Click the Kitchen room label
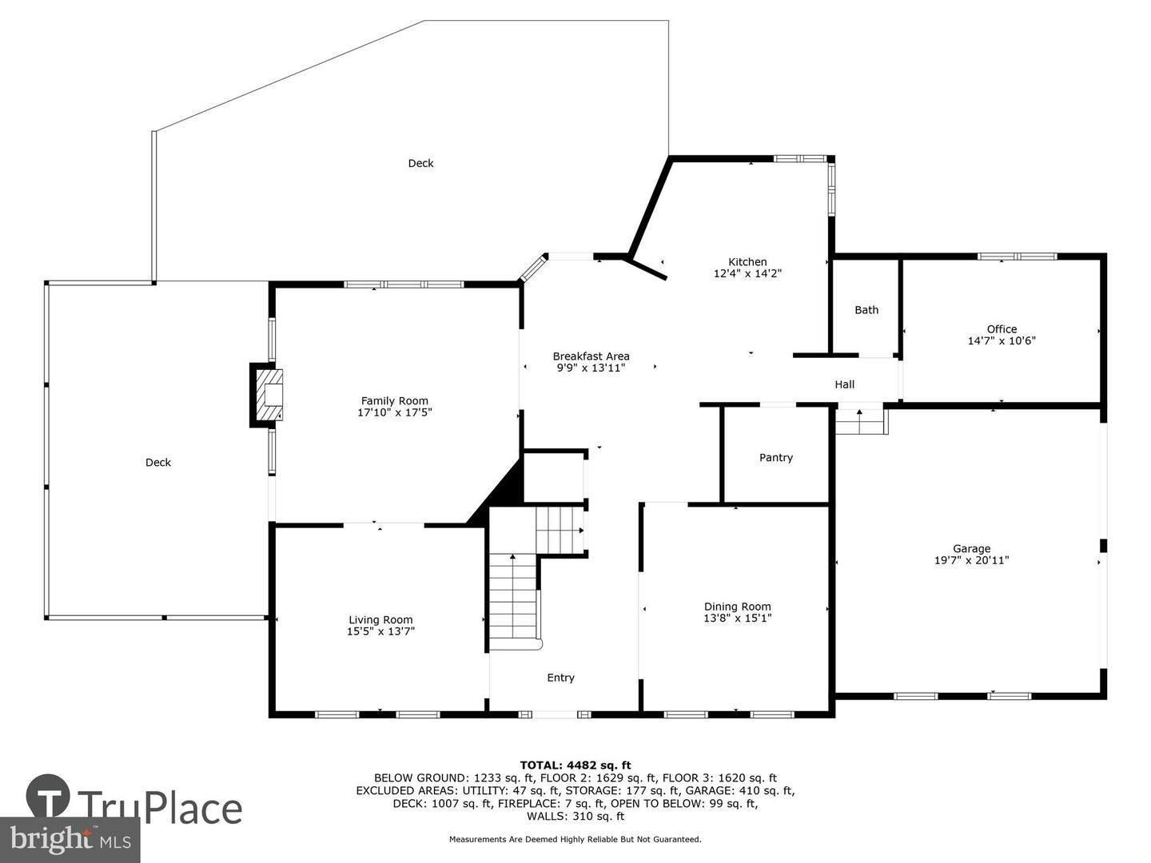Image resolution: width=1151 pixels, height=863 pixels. coord(747,261)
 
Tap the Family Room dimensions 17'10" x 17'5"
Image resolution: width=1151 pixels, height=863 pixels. coord(394,412)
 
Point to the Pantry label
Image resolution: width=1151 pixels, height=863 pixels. coord(775,457)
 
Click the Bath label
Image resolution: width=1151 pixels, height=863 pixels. coord(866,310)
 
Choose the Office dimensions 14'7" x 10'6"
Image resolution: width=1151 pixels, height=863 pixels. coord(1002,340)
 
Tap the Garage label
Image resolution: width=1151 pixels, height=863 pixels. coord(972,548)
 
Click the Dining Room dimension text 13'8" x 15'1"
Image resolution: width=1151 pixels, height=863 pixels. coord(737,618)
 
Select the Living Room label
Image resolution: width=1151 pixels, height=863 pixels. coord(380,620)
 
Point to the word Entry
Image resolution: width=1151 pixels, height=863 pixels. coord(560,678)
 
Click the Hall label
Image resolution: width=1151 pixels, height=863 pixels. coord(844,384)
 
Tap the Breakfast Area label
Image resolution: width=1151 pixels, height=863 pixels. coord(591,356)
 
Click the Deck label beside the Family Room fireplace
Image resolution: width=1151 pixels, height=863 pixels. coord(157,462)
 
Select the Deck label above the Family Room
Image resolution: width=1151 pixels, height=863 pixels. coord(420,163)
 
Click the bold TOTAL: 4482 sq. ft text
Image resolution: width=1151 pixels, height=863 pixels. coord(575,766)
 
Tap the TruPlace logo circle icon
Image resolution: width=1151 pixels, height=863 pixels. coord(48,797)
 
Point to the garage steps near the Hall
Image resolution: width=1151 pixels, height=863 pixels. coord(861,421)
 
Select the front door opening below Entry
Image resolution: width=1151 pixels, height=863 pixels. coord(555,714)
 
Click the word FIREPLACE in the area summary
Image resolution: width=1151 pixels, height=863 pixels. coord(525,803)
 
